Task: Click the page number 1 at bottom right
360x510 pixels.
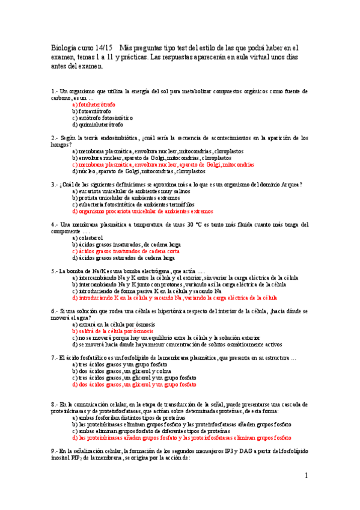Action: (306, 476)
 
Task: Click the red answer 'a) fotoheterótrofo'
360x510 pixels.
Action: (94, 104)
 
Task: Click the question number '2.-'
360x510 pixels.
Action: (54, 138)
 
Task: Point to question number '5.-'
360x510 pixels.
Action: (54, 271)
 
